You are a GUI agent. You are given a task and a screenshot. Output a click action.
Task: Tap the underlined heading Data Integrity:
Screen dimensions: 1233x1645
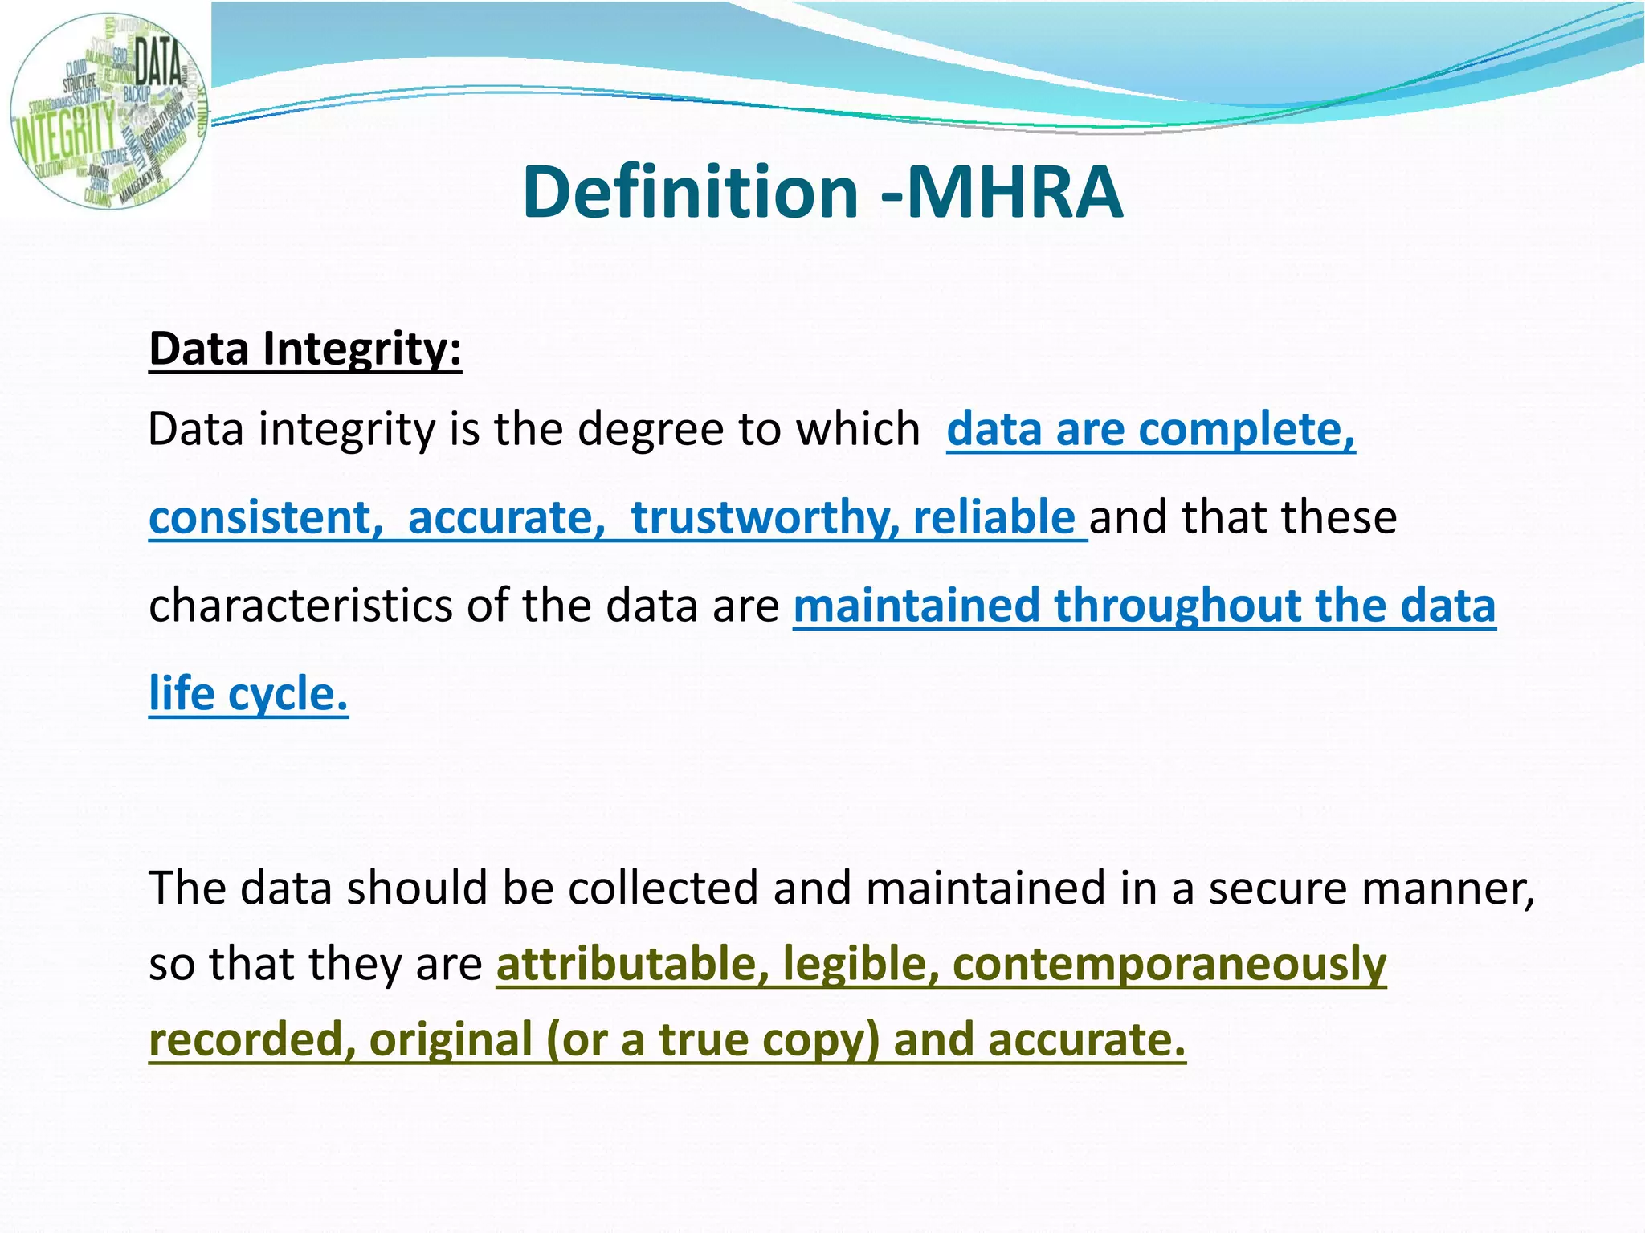(305, 349)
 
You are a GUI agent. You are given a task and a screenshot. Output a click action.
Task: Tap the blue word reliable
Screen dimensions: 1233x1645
(994, 517)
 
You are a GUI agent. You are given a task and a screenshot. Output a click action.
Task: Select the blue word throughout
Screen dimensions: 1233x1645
(1178, 606)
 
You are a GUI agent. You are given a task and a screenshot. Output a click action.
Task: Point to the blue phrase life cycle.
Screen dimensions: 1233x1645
(248, 694)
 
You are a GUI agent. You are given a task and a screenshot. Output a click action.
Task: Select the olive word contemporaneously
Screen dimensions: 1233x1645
(1169, 964)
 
